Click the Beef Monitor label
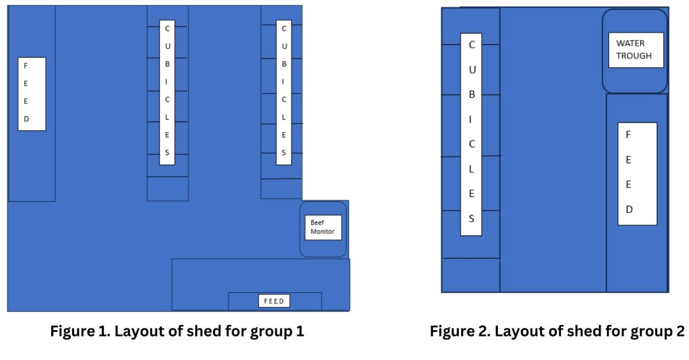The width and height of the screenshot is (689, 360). pyautogui.click(x=322, y=227)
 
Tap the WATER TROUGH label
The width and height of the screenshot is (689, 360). pyautogui.click(x=636, y=50)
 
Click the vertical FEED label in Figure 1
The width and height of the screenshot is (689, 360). pyautogui.click(x=32, y=94)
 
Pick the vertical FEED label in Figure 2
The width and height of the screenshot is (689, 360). pyautogui.click(x=637, y=173)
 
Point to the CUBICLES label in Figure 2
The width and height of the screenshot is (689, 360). pyautogui.click(x=471, y=134)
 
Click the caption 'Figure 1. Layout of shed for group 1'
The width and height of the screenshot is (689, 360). pyautogui.click(x=177, y=332)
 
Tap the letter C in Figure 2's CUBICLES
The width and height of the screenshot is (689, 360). pyautogui.click(x=472, y=45)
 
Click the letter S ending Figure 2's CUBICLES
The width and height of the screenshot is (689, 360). pyautogui.click(x=471, y=219)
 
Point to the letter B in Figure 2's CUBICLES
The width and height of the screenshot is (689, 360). pyautogui.click(x=472, y=95)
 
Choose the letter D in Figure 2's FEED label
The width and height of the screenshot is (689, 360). pyautogui.click(x=629, y=210)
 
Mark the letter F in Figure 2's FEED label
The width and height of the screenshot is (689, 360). pyautogui.click(x=628, y=136)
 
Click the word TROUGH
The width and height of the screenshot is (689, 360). pyautogui.click(x=634, y=56)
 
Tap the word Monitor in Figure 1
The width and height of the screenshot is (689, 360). pyautogui.click(x=322, y=231)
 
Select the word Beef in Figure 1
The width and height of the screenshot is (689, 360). pyautogui.click(x=317, y=222)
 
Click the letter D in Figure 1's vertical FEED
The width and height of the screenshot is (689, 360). pyautogui.click(x=25, y=119)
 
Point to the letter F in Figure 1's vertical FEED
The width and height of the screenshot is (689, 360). pyautogui.click(x=25, y=65)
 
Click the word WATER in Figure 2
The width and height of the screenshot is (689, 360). pyautogui.click(x=630, y=43)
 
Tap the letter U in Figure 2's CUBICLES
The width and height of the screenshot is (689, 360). pyautogui.click(x=472, y=70)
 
